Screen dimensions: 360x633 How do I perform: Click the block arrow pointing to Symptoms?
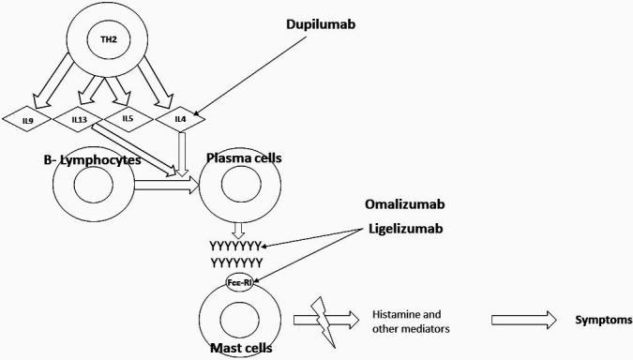[x=523, y=320]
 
